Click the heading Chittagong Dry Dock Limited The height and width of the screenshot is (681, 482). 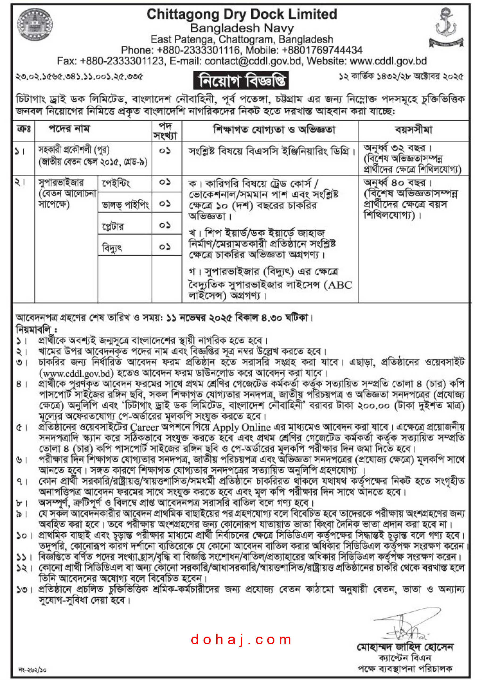[x=242, y=14]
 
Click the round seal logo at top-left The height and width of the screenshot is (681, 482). [x=35, y=25]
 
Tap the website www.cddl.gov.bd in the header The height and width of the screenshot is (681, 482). [x=388, y=61]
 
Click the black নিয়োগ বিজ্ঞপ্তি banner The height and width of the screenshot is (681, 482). [x=241, y=80]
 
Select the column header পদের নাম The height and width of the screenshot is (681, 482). [x=69, y=129]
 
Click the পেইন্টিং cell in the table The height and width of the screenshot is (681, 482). [x=116, y=184]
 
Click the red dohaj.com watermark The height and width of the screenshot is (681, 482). [x=241, y=640]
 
